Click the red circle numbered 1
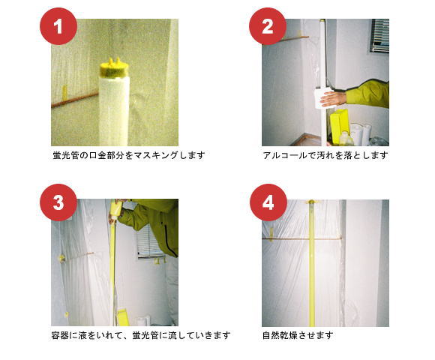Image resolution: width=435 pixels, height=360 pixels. (x=58, y=26)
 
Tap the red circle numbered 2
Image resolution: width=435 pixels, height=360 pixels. (x=268, y=26)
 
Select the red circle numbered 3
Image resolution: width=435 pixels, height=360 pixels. (x=58, y=202)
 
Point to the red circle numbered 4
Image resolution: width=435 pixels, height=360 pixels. (x=268, y=202)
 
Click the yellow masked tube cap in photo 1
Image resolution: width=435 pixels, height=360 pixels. (x=114, y=67)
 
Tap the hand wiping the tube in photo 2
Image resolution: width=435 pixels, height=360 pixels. (x=333, y=99)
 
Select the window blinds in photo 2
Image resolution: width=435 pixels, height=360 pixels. (x=379, y=36)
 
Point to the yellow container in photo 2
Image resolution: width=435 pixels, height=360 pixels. (x=339, y=126)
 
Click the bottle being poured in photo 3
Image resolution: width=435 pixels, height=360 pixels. (x=116, y=210)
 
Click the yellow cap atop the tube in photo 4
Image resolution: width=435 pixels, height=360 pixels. (x=312, y=202)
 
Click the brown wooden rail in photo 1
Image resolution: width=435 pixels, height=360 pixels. (x=75, y=100)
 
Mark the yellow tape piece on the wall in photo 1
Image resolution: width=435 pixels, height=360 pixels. (x=64, y=93)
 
